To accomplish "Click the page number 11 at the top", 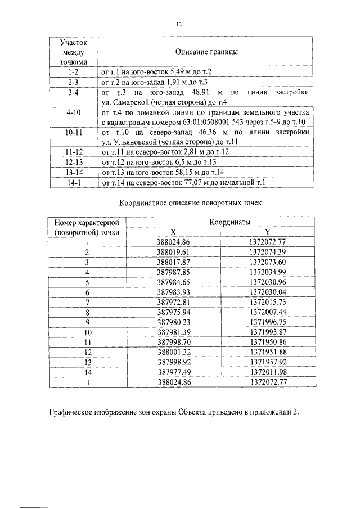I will (179, 24).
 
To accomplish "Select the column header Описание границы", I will (206, 52).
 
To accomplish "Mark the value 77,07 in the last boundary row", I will (188, 182).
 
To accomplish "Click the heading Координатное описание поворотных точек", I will (179, 202).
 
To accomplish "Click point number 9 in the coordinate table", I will (87, 322).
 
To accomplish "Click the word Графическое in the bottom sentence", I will (72, 412).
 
